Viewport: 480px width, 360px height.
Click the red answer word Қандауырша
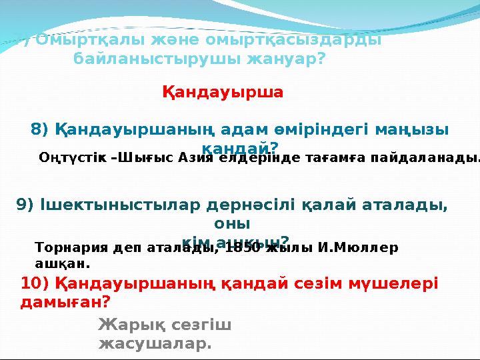click(223, 92)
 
